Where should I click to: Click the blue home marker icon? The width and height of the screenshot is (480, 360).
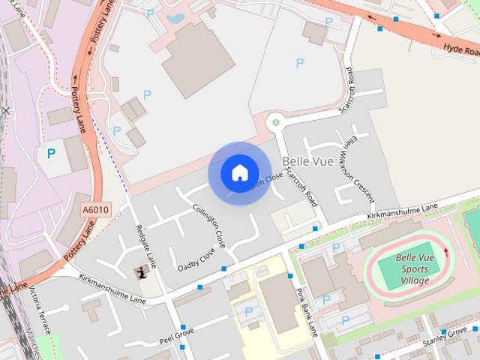(239, 172)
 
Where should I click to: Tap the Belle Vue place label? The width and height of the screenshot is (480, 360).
(307, 162)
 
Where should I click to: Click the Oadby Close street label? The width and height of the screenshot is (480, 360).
(196, 259)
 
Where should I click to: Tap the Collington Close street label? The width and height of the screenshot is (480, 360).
(208, 226)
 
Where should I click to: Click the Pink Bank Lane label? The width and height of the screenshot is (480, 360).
(307, 310)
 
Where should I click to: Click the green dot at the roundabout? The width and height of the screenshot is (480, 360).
(276, 121)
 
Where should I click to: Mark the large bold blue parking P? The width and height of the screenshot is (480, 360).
(51, 154)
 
